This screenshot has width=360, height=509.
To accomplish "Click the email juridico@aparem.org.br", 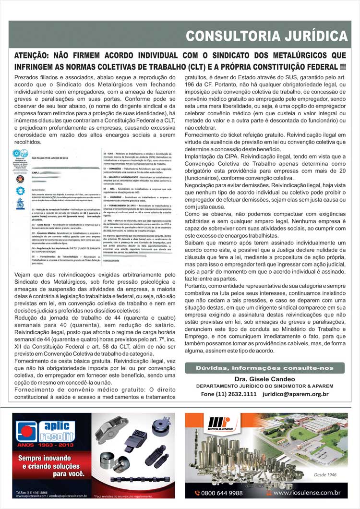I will [295, 394].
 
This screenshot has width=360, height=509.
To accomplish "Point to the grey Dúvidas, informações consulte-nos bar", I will [264, 368].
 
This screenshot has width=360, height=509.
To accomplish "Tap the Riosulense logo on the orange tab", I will [220, 424].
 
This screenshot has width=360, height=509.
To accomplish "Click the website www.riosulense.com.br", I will [307, 493].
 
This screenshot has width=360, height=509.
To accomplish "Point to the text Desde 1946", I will [325, 475].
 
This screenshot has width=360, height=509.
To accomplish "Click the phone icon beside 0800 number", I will [197, 493].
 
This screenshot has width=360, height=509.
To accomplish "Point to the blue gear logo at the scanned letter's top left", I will [20, 191].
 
